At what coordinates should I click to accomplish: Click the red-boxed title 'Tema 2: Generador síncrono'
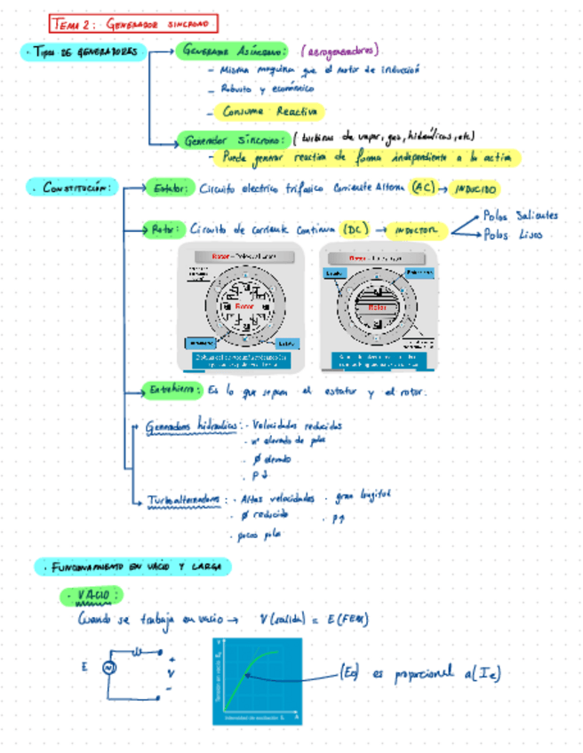click(133, 24)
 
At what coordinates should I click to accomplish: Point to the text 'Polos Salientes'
click(520, 215)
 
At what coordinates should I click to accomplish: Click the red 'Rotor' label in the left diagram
click(244, 307)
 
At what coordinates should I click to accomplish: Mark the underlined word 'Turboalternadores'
click(184, 500)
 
